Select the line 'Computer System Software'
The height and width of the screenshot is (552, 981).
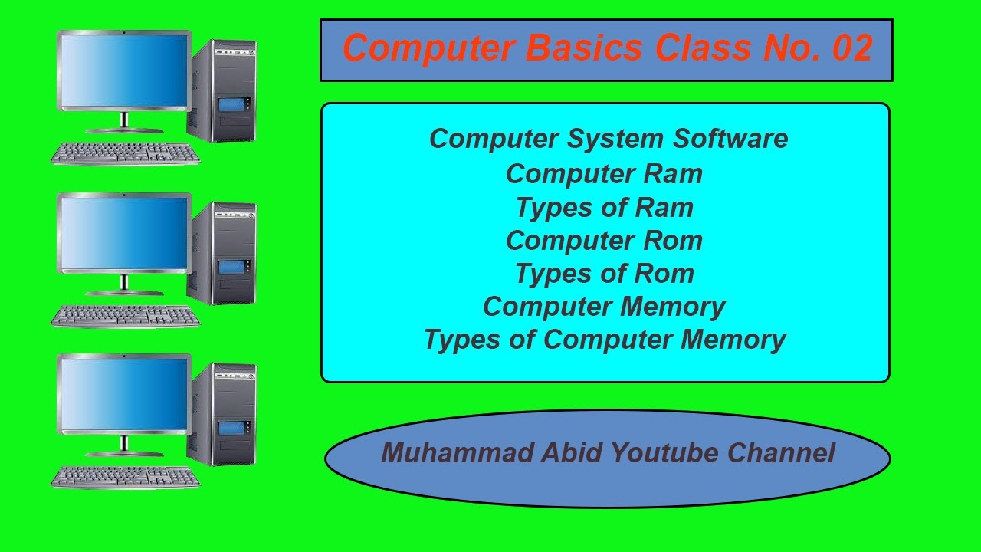pos(609,139)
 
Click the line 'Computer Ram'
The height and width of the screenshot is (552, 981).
pos(604,173)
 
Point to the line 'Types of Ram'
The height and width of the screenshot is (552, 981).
pos(604,207)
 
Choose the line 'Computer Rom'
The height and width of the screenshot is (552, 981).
pos(604,241)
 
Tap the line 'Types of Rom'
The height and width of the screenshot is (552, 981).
pos(604,274)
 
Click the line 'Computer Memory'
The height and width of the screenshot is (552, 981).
pos(604,307)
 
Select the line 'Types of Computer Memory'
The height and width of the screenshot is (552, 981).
pos(605,340)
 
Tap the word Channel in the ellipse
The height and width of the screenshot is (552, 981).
pos(781,452)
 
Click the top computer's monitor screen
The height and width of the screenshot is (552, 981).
pos(123,71)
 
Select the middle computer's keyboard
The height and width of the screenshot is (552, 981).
pos(126,314)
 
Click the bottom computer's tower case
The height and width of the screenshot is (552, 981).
pos(224,414)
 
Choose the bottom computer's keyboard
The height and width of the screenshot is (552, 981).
pos(126,476)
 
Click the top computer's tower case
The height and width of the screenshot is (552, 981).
pos(224,90)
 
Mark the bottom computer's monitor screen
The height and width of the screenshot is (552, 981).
pos(123,394)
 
